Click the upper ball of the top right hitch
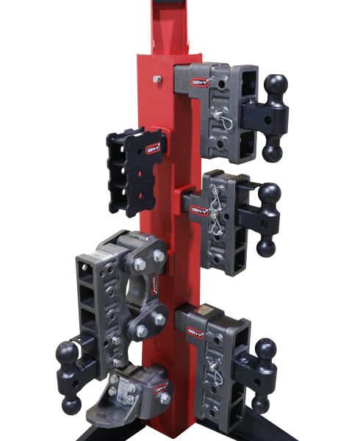[x=275, y=82]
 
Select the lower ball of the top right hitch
[x=273, y=152]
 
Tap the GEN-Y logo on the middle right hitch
[x=199, y=210]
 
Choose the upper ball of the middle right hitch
[x=268, y=194]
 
